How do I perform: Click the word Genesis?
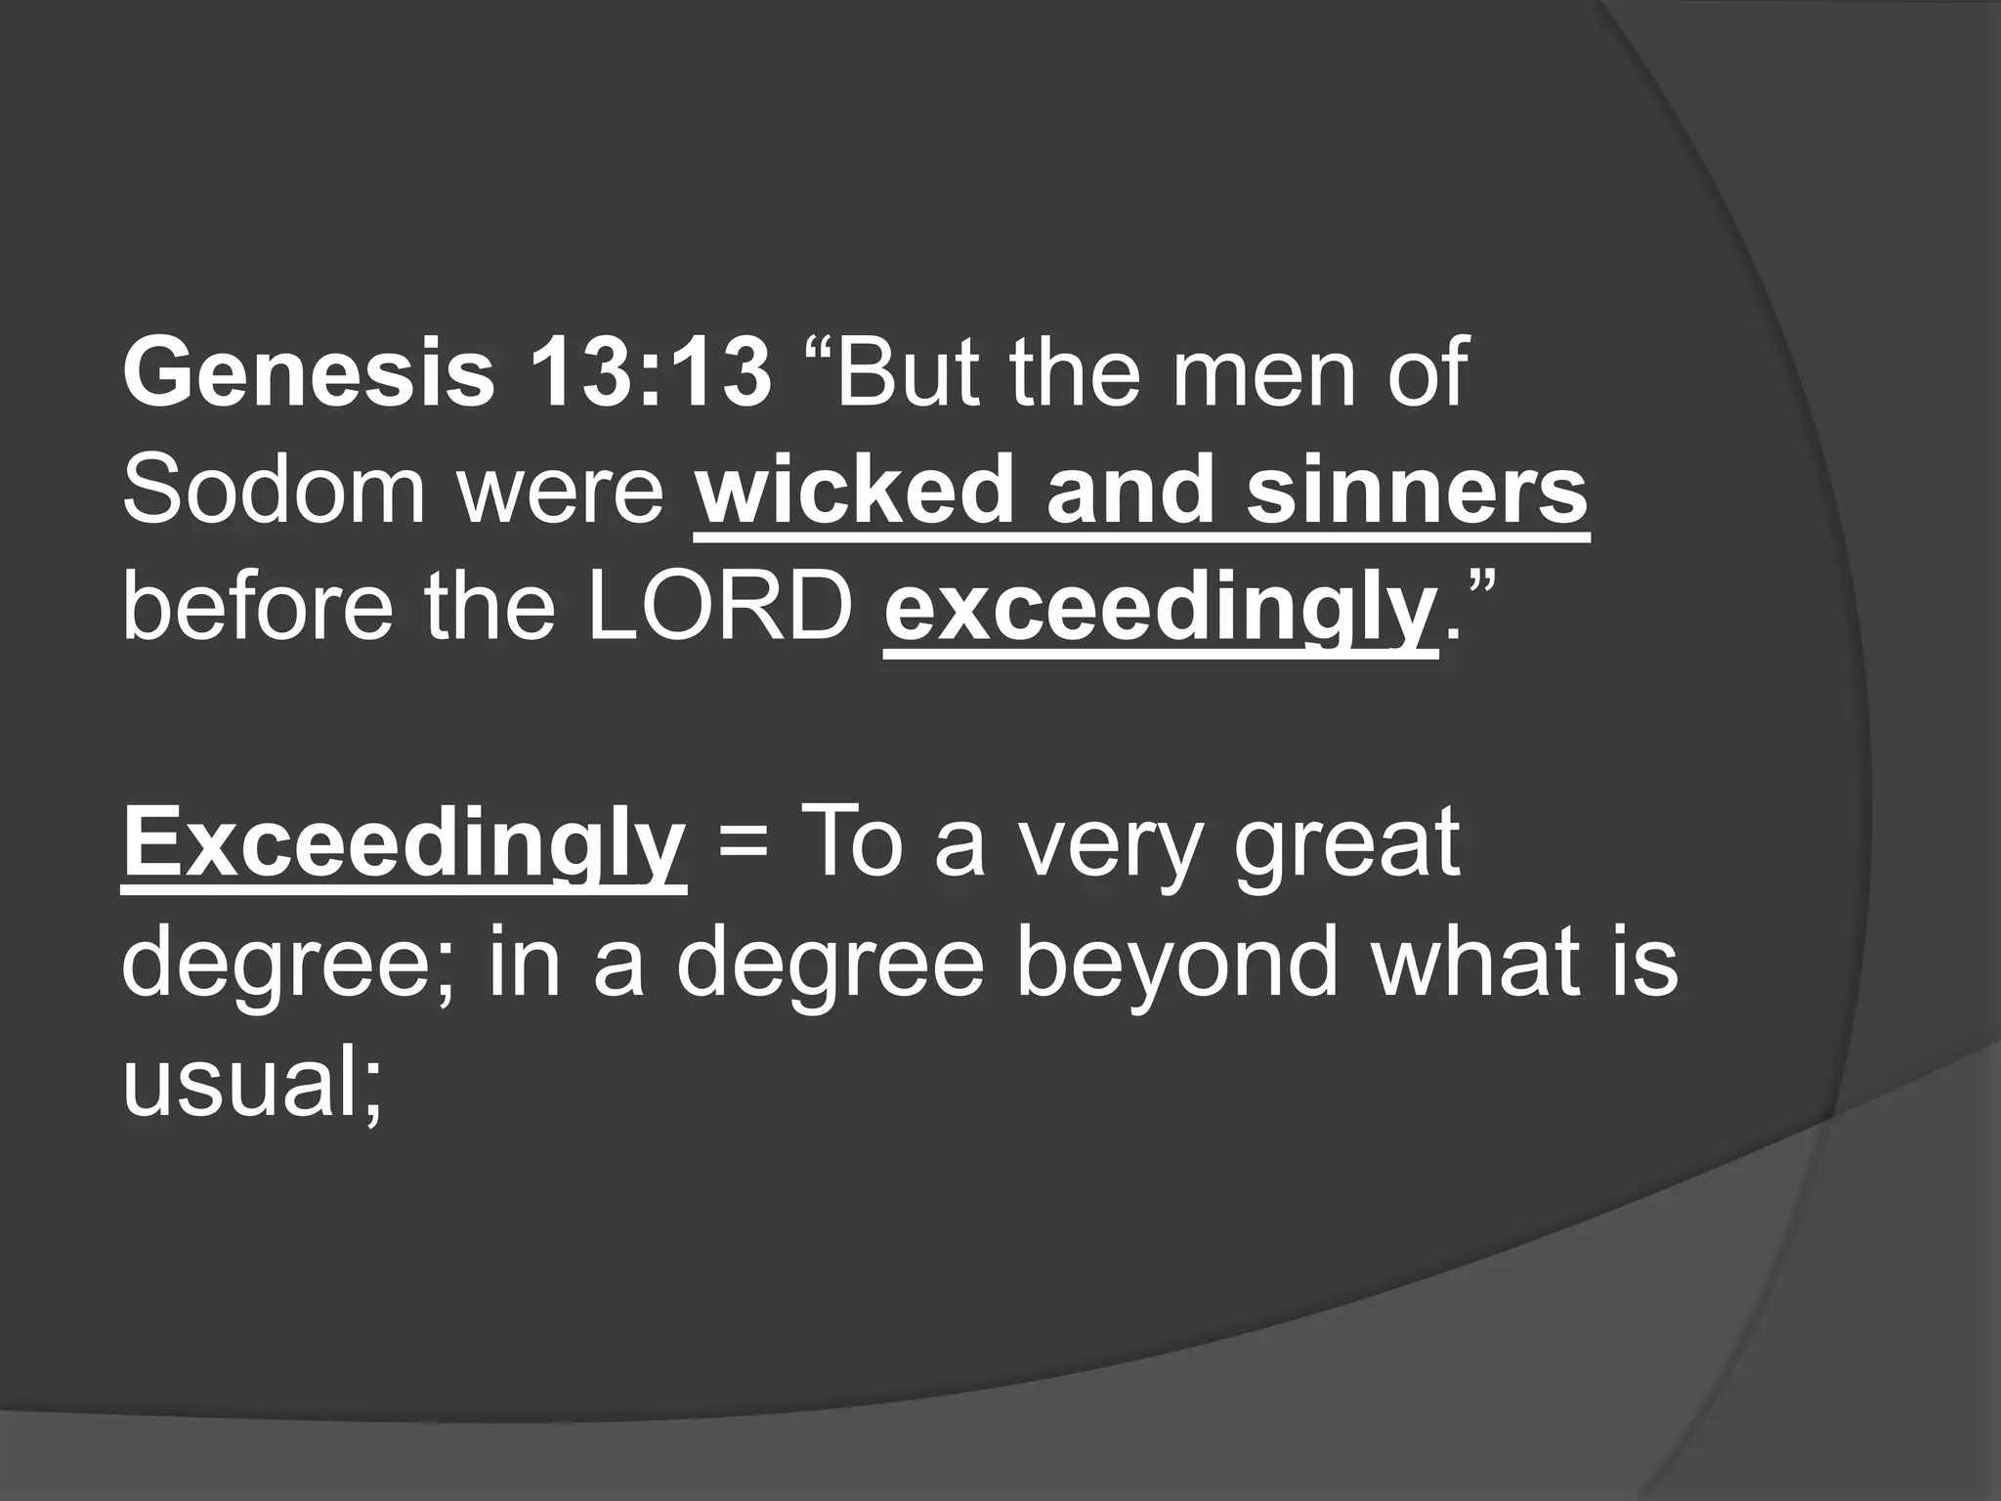click(x=310, y=374)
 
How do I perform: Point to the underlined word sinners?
click(x=1417, y=491)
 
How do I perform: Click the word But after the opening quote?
click(x=907, y=374)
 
